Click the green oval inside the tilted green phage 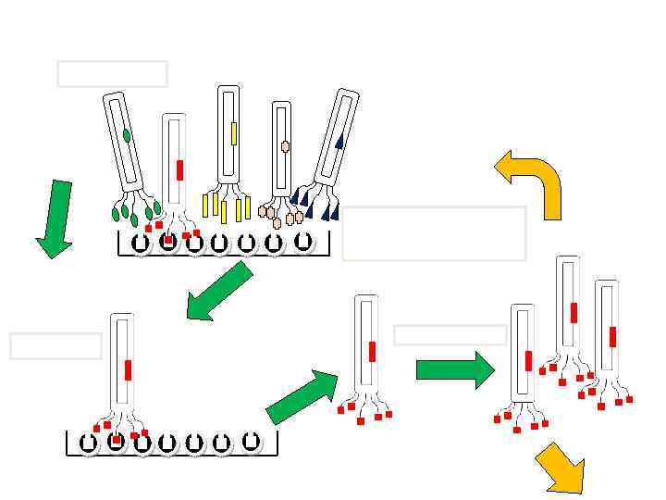pos(127,135)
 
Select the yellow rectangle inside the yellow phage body pos(234,133)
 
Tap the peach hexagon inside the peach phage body pos(285,146)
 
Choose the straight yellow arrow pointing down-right pos(561,469)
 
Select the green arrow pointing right pos(455,370)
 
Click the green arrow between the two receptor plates pos(219,291)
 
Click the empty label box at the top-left pos(112,74)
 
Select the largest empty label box pos(434,233)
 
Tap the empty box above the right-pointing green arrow pos(450,335)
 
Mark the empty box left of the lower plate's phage pos(55,345)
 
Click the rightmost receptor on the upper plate pos(302,242)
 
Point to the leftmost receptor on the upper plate pos(141,244)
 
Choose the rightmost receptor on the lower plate pos(250,442)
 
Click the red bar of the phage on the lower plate pos(128,370)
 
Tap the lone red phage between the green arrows pos(367,352)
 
